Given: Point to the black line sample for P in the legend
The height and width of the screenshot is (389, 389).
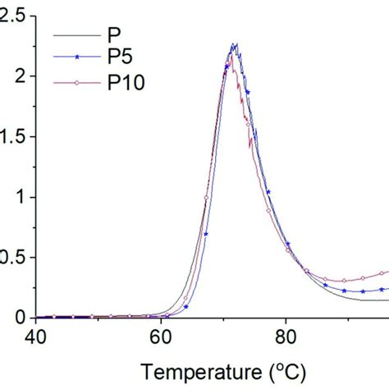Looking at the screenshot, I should pyautogui.click(x=72, y=36).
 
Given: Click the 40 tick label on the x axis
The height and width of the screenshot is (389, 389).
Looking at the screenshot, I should pyautogui.click(x=36, y=336).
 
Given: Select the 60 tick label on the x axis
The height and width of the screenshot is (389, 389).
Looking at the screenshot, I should pyautogui.click(x=161, y=336).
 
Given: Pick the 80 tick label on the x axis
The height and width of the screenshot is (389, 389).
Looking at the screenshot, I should pyautogui.click(x=286, y=336).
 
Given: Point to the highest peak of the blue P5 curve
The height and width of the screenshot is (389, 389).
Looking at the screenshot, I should pyautogui.click(x=235, y=44).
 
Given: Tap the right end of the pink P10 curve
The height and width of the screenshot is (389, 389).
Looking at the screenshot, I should pyautogui.click(x=387, y=272).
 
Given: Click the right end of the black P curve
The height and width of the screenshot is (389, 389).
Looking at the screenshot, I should pyautogui.click(x=387, y=300).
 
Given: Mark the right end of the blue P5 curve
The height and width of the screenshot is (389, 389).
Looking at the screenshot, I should pyautogui.click(x=387, y=289).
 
